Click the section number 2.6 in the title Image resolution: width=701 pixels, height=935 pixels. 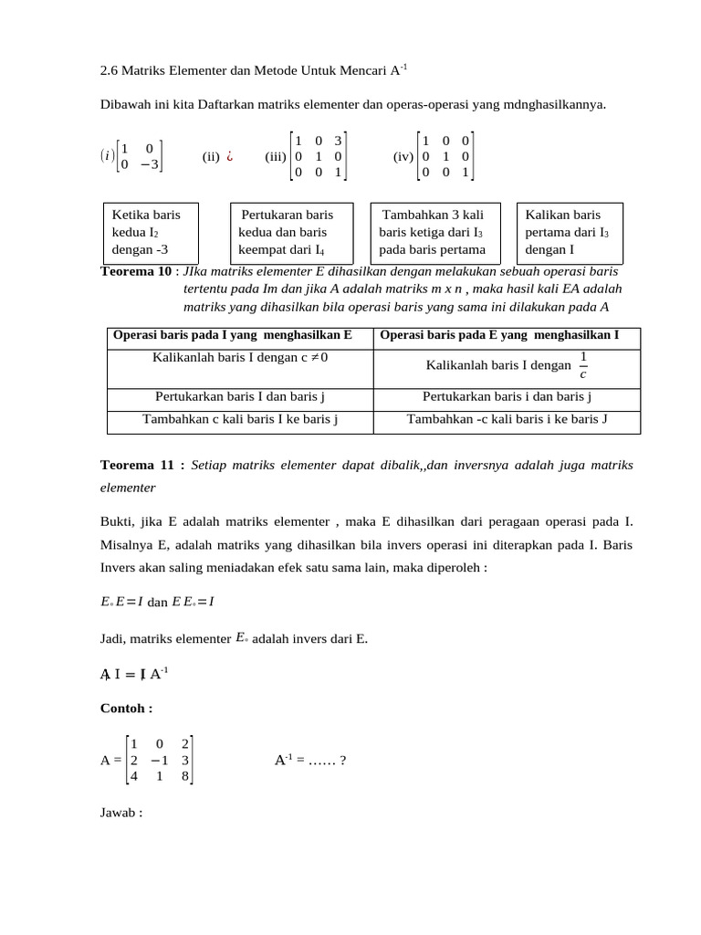pos(109,69)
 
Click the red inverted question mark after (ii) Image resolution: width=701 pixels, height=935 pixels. pos(231,155)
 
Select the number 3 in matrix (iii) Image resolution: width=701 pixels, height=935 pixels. pos(337,141)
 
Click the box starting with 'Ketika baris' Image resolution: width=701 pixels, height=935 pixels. pos(156,231)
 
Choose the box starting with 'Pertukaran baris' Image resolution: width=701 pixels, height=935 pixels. pos(290,231)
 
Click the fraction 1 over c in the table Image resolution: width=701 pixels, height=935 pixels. pos(583,364)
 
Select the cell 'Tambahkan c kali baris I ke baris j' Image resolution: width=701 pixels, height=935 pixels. pos(240,419)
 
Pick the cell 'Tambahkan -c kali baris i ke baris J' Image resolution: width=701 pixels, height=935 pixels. pos(507,419)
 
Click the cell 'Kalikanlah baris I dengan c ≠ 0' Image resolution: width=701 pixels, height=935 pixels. pos(240,357)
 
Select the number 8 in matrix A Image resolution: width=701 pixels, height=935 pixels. pos(184,776)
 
